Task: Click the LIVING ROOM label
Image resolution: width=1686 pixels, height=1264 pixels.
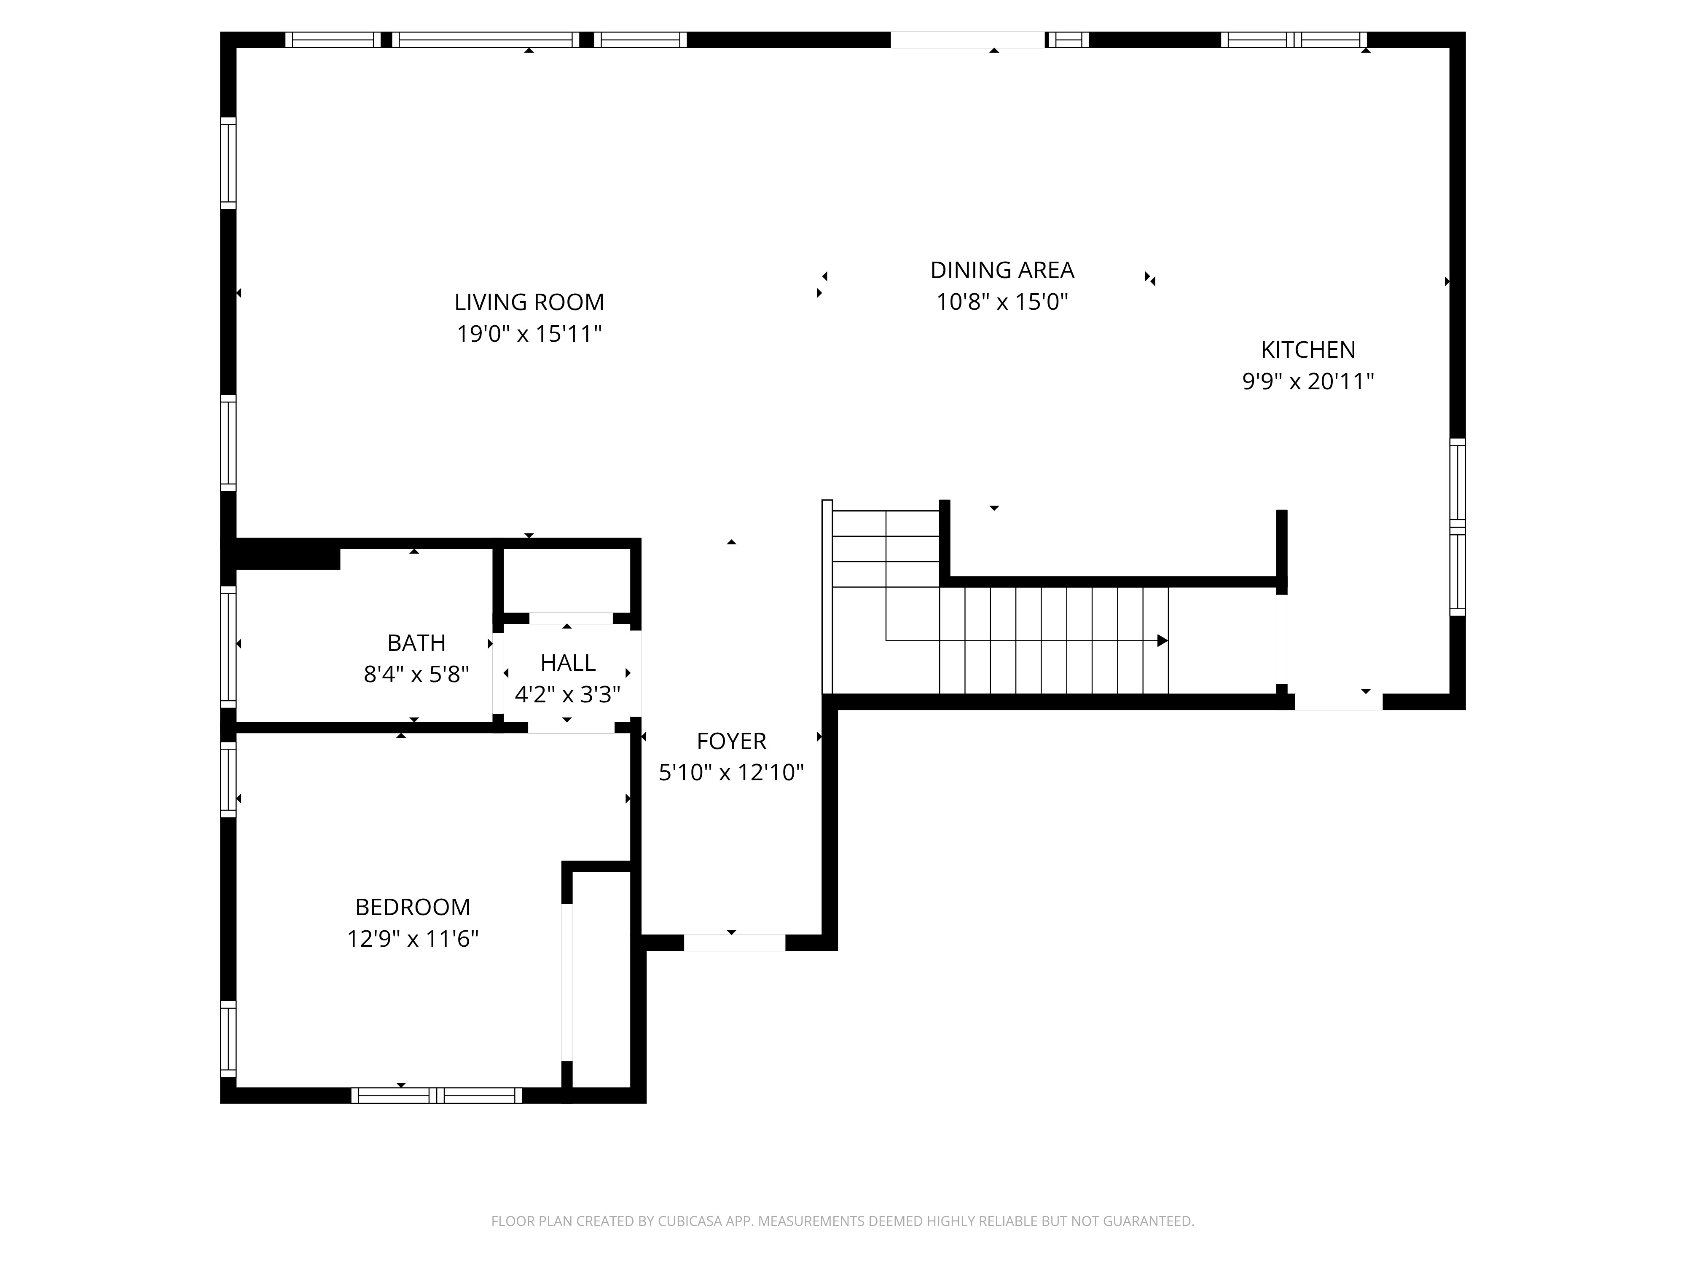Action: pyautogui.click(x=529, y=303)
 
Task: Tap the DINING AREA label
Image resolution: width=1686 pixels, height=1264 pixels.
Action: pyautogui.click(x=1002, y=270)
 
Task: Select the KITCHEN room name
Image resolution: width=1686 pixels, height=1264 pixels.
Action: pyautogui.click(x=1308, y=350)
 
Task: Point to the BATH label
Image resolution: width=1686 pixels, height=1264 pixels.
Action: pyautogui.click(x=416, y=643)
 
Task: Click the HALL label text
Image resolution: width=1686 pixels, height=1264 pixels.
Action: pyautogui.click(x=568, y=663)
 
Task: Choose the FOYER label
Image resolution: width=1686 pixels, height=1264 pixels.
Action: pyautogui.click(x=731, y=741)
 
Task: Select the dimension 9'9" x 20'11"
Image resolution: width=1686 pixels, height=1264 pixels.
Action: pyautogui.click(x=1308, y=381)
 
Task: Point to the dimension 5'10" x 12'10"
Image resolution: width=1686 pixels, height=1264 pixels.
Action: pyautogui.click(x=731, y=773)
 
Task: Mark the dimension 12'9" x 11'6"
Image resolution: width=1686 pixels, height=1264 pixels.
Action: pyautogui.click(x=412, y=939)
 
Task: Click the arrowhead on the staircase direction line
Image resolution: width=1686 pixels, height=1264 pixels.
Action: pyautogui.click(x=1162, y=641)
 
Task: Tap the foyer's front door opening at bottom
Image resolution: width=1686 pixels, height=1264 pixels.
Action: pyautogui.click(x=734, y=943)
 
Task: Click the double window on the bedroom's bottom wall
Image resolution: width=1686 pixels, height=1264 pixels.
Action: pyautogui.click(x=437, y=1095)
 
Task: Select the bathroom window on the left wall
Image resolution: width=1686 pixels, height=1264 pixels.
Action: pyautogui.click(x=228, y=646)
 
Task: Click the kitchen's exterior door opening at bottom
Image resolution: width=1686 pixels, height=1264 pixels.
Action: pyautogui.click(x=1338, y=702)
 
